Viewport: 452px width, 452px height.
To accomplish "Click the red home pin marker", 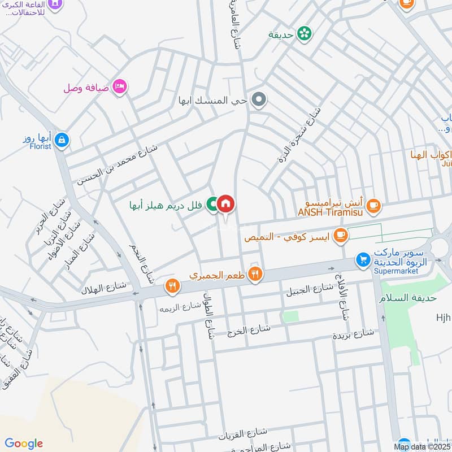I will [225, 204].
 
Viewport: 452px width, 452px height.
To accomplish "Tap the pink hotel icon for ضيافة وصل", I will [120, 86].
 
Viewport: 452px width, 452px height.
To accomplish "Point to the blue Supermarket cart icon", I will [363, 259].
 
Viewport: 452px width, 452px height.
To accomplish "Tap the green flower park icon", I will [305, 34].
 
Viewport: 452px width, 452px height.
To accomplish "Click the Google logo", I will [23, 444].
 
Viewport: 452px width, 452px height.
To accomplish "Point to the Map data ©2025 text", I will [420, 447].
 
